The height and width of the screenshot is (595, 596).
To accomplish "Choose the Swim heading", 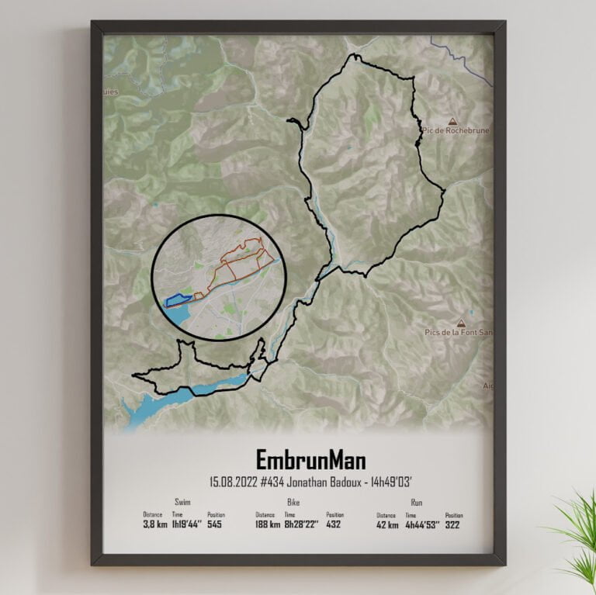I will click(183, 503).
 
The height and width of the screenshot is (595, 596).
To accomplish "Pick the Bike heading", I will click(293, 503).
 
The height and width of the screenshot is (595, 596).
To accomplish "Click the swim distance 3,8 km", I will click(154, 524).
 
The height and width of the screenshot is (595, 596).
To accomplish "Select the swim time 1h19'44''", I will click(187, 524).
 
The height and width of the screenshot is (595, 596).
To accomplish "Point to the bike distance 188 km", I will click(269, 524).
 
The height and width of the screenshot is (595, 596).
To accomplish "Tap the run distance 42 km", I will click(388, 524).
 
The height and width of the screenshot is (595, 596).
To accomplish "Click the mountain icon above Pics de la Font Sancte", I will click(463, 322).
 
